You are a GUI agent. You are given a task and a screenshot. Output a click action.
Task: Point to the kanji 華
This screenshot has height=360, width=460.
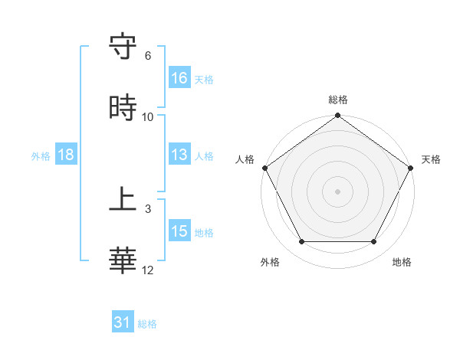coord(123,259)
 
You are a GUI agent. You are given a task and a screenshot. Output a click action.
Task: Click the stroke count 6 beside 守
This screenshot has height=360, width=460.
coord(148,56)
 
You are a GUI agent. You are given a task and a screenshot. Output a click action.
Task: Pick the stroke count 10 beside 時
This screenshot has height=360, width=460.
coord(148,116)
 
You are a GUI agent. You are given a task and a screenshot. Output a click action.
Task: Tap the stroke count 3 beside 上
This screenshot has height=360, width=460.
coord(148,208)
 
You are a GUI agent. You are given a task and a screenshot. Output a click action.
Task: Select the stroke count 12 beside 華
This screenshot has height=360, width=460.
coord(148,270)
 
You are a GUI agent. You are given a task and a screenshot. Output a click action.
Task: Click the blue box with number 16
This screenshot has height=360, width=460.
coord(179,78)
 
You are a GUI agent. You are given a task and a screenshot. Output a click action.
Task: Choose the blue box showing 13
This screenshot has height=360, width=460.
coord(179,155)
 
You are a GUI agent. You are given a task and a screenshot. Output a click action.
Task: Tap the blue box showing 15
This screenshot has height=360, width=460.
coord(179,231)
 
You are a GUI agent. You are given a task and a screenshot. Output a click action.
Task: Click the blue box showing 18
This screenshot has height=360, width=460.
coord(66,155)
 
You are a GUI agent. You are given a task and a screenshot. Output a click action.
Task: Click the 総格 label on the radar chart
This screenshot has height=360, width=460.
coord(338,100)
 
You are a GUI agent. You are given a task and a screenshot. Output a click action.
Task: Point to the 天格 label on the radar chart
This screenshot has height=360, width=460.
coord(432,159)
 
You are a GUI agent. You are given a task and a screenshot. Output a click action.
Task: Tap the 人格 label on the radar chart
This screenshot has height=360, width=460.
coord(245,159)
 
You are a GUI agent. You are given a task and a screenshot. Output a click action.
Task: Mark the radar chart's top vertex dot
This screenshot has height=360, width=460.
coord(338,116)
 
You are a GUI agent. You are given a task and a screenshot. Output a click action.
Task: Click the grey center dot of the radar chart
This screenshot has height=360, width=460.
coord(338,191)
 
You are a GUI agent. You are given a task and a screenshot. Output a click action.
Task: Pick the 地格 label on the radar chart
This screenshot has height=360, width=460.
coord(402,263)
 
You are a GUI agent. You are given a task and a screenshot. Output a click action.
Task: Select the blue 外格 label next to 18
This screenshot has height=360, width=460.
coord(41,155)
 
